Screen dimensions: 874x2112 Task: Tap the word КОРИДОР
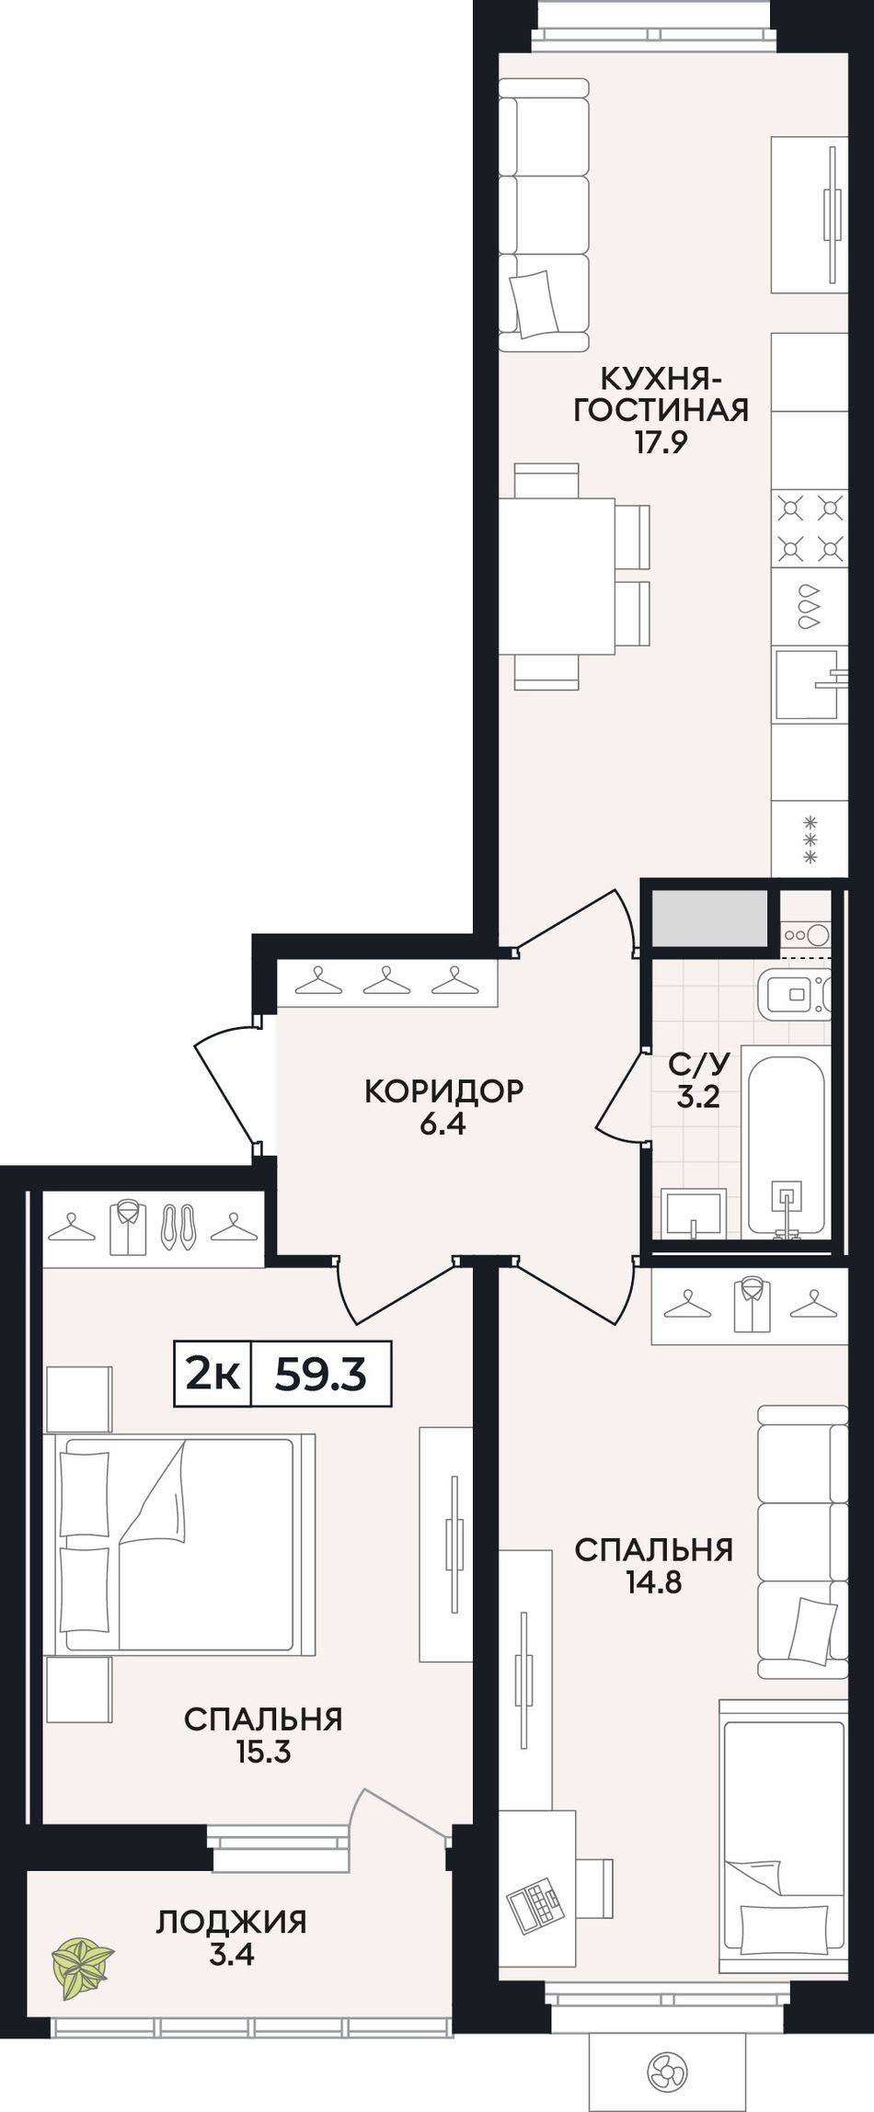tap(444, 1090)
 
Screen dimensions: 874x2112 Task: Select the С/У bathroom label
tap(699, 1064)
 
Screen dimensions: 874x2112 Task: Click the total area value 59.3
tap(321, 1375)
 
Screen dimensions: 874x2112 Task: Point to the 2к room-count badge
tap(213, 1375)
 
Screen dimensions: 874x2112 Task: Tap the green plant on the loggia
tap(82, 1967)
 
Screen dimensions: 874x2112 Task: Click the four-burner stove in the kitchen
tap(810, 528)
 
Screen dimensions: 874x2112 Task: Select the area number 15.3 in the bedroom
tap(263, 1752)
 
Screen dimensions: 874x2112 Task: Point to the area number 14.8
tap(653, 1581)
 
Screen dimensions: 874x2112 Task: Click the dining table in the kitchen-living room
tap(557, 576)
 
